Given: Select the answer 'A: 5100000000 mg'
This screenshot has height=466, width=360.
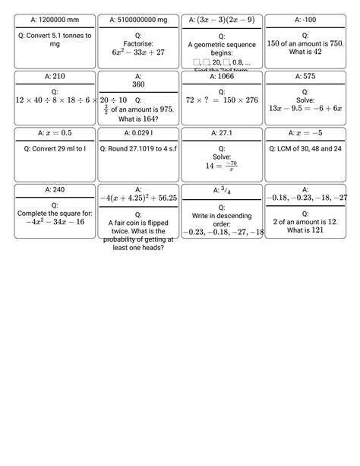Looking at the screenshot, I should click(137, 18).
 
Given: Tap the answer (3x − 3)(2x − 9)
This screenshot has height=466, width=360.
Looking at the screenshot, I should click(222, 18).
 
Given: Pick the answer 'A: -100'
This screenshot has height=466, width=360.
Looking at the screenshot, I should click(305, 18).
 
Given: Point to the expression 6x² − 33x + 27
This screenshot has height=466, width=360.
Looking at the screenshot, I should click(137, 53).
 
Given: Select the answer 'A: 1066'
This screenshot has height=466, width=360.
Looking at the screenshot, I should click(222, 76).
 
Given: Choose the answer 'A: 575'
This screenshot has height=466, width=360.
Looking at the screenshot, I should click(305, 76).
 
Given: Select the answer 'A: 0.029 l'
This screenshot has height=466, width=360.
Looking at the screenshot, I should click(137, 133).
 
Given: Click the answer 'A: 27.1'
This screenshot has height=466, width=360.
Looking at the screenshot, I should click(222, 133).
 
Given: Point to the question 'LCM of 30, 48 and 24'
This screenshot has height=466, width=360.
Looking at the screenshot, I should click(305, 148).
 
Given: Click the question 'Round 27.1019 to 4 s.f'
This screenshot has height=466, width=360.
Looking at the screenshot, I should click(137, 148).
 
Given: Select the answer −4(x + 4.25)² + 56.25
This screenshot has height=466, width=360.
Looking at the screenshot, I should click(137, 198).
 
